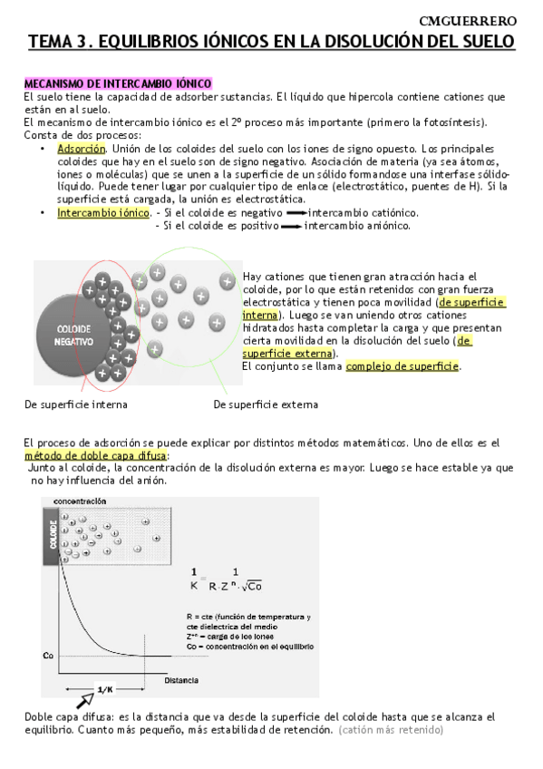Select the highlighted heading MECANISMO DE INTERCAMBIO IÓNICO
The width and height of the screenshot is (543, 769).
click(118, 83)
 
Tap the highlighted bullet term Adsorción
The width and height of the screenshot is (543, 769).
click(81, 149)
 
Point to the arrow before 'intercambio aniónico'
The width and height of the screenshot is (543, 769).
click(290, 226)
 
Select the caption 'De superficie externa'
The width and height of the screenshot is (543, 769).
click(266, 404)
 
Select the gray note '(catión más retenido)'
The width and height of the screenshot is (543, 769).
click(391, 729)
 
